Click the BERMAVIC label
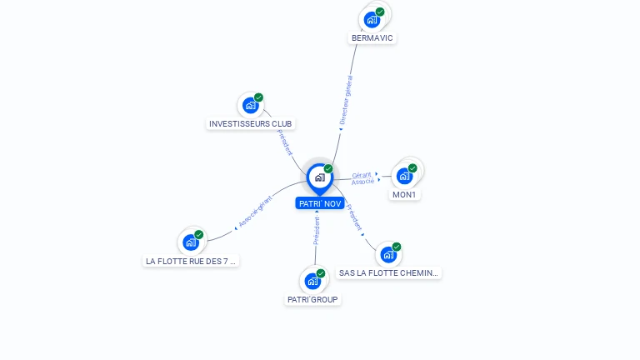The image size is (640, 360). coord(372,38)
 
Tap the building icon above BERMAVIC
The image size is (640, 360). coord(372,19)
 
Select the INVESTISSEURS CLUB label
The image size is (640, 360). coord(251,124)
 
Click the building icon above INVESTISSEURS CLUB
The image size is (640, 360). coord(250,106)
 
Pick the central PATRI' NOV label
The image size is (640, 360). coord(320,203)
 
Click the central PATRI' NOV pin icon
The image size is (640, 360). coord(319,177)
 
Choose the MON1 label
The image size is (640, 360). coord(404,195)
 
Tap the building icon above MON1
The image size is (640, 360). coord(404,176)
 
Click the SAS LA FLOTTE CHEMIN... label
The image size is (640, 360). coord(388,273)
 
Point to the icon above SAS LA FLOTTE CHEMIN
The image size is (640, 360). coord(388,255)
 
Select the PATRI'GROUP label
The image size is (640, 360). coord(313,299)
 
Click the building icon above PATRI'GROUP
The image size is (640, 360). coord(312,281)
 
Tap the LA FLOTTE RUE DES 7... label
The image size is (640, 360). coord(191,261)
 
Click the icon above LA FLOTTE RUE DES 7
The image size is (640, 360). coord(191,242)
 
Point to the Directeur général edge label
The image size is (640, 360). coord(346,99)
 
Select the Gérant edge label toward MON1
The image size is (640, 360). coord(362,175)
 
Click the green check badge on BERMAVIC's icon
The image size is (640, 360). coord(380,12)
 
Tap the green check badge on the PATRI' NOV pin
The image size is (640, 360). coord(328,169)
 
